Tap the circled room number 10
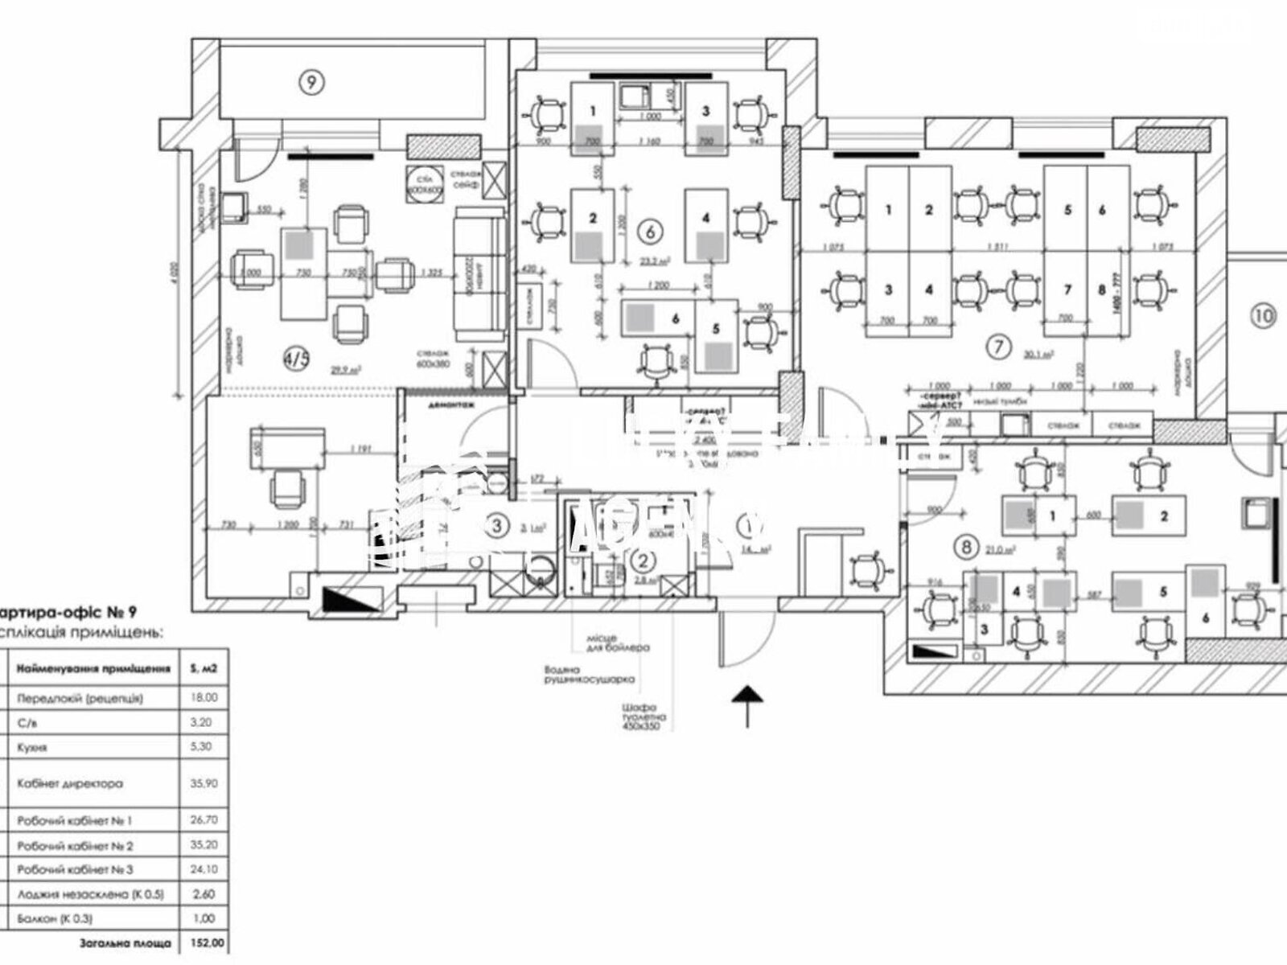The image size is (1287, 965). (1264, 315)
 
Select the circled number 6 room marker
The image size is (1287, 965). (649, 231)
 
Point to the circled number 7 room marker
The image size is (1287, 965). (998, 347)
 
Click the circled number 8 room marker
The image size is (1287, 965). (965, 548)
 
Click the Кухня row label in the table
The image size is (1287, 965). (32, 747)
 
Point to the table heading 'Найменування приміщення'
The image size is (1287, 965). (93, 667)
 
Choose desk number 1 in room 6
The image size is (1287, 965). (593, 112)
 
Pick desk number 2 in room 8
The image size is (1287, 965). (1163, 517)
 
